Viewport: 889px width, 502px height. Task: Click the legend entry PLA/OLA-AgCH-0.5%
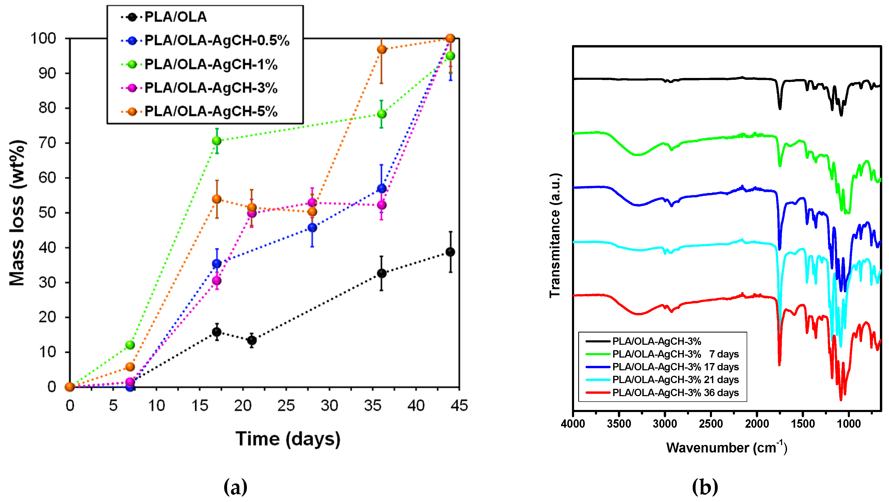[216, 40]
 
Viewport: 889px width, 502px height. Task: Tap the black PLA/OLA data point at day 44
[450, 252]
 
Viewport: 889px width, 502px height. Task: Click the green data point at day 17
[217, 141]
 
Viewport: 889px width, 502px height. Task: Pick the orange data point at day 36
[382, 49]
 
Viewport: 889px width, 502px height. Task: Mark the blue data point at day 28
[312, 227]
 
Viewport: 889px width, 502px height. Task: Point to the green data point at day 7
[130, 345]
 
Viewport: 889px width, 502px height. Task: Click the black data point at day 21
[252, 340]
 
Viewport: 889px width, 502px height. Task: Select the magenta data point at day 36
[382, 205]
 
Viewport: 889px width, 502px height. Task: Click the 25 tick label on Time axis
[286, 406]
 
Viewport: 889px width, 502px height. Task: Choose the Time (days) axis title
[288, 439]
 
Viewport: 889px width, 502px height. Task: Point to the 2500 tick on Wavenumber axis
[711, 424]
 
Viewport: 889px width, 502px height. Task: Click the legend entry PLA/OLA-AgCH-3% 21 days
[675, 380]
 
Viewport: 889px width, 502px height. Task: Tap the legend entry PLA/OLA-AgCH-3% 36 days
[675, 393]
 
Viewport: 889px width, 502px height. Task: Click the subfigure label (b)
[705, 487]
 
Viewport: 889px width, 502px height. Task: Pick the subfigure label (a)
[235, 487]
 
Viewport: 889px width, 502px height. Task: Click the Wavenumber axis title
[727, 448]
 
